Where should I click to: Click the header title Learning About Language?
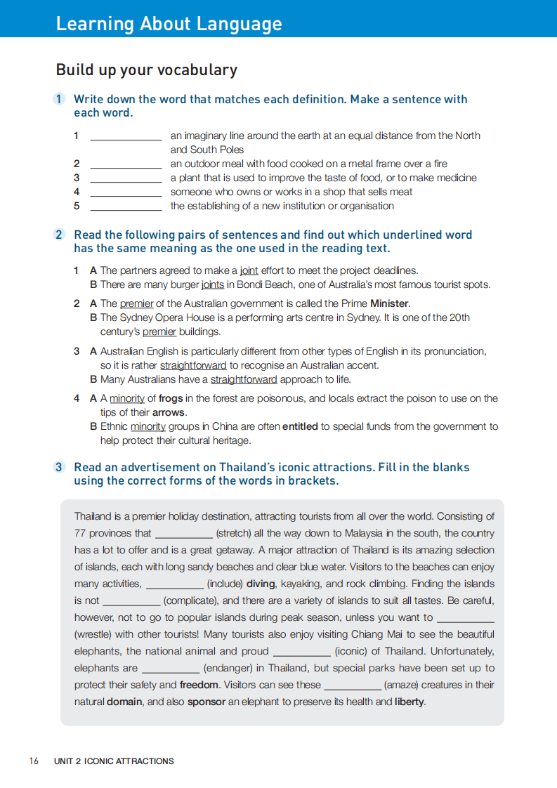(x=169, y=24)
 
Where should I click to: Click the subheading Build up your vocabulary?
(x=146, y=70)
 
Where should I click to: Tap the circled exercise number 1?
(x=60, y=99)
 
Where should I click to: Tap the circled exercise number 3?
(x=60, y=467)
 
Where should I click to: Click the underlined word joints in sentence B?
(x=212, y=284)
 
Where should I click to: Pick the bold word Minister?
(x=390, y=303)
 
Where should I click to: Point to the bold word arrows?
(x=169, y=412)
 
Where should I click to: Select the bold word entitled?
(x=300, y=426)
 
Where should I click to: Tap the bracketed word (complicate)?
(x=191, y=600)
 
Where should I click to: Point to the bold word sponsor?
(x=207, y=702)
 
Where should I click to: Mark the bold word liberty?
(x=409, y=702)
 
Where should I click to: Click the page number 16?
(x=34, y=761)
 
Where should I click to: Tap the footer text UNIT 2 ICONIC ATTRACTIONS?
(x=114, y=761)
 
